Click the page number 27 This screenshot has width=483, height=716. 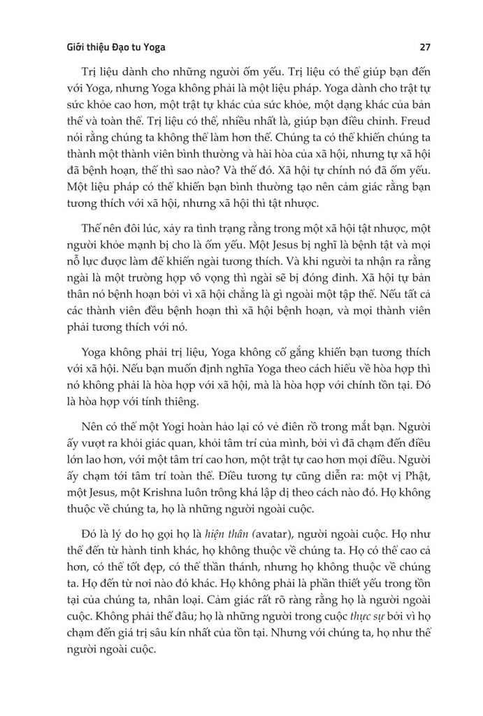coord(424,48)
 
